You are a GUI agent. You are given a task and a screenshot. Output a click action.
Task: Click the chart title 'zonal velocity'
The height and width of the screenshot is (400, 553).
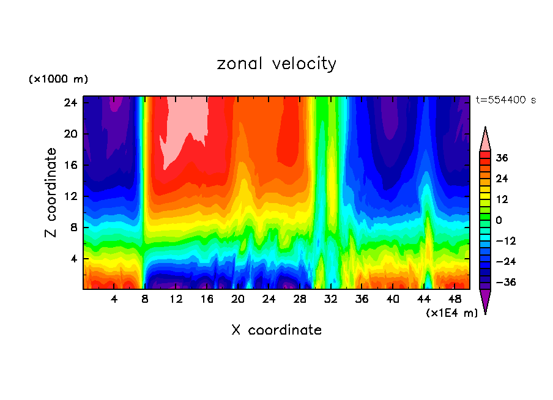click(276, 64)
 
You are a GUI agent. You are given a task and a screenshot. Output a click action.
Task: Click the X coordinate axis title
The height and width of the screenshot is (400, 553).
click(276, 330)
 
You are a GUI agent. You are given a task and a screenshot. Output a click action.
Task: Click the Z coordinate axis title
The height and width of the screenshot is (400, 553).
click(51, 193)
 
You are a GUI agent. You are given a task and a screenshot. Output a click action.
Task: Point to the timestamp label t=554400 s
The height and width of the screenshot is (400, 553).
click(505, 100)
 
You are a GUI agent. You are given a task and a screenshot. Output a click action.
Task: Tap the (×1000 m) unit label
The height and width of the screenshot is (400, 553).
click(58, 80)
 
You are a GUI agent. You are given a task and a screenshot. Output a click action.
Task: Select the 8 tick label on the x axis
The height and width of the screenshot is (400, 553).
click(145, 299)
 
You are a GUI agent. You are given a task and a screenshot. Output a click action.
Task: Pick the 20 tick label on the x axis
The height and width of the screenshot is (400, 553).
click(238, 299)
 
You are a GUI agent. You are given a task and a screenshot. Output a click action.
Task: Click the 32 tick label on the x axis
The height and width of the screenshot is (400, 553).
click(331, 299)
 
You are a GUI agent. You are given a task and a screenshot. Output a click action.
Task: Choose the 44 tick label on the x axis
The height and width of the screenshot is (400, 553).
click(424, 299)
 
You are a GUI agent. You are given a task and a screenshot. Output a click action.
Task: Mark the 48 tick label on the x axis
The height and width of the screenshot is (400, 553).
click(455, 299)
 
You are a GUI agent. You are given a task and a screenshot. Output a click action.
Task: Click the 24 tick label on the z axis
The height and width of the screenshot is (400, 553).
click(70, 103)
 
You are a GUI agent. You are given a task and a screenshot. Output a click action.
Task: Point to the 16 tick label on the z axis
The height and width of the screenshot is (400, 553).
click(70, 165)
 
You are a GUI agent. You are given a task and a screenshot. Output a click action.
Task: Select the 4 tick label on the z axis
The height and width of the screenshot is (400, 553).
click(73, 259)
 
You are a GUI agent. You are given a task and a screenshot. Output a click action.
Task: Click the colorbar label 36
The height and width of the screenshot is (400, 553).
click(502, 158)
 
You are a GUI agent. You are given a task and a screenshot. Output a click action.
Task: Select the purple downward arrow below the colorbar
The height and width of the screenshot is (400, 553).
click(485, 300)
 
